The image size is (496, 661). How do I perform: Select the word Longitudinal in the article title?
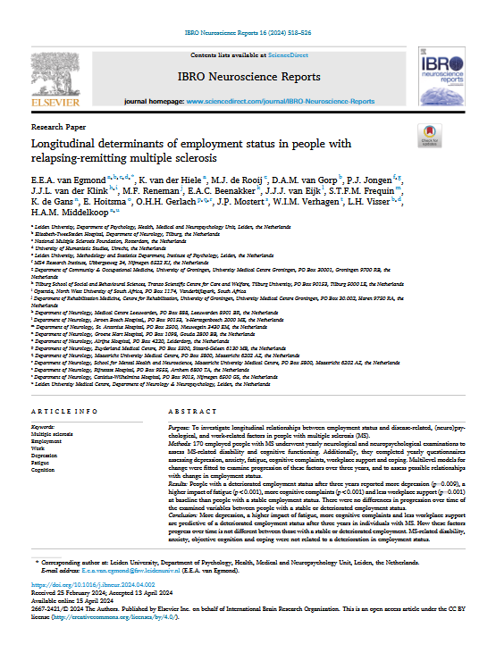[x=71, y=144]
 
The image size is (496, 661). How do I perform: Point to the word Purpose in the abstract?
[x=179, y=429]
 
